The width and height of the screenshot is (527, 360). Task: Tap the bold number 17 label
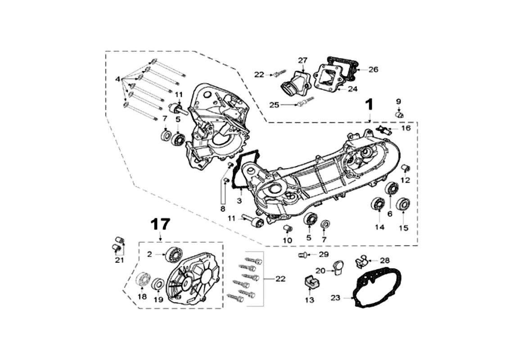(x=160, y=224)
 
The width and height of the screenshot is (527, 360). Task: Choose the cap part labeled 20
(x=338, y=267)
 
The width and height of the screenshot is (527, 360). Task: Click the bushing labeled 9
(x=399, y=115)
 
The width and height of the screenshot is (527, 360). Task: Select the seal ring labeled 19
(x=158, y=284)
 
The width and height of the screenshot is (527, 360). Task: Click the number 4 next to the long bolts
(x=117, y=79)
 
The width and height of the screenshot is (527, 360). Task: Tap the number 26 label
(x=373, y=69)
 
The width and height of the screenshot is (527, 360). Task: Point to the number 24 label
(x=352, y=89)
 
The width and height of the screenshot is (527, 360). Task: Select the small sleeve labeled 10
(x=288, y=229)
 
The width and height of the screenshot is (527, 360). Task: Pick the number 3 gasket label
(x=239, y=201)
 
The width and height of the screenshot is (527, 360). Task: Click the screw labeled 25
(x=305, y=101)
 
